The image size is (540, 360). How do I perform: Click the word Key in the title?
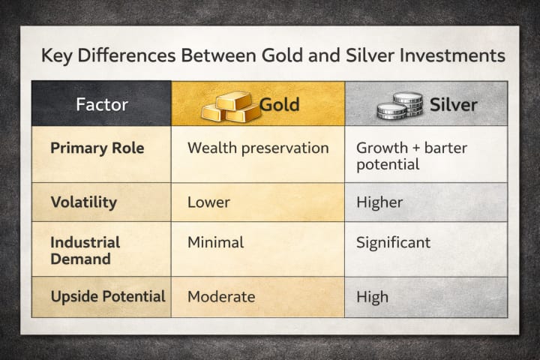(x=57, y=55)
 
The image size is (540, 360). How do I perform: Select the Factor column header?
(x=102, y=104)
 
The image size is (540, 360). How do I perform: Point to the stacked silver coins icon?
(x=400, y=106)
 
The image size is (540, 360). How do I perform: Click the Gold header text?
(x=279, y=105)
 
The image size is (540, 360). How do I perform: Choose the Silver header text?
(x=454, y=105)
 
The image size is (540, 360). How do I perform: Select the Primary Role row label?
(x=97, y=148)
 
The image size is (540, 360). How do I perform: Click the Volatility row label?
(x=84, y=202)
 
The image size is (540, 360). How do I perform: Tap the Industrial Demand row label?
(x=85, y=250)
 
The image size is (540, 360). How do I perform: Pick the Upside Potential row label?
(x=108, y=296)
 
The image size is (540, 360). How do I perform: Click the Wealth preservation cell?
(x=258, y=148)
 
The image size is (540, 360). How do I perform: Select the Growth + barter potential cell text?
(x=412, y=156)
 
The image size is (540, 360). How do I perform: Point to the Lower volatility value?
(x=208, y=202)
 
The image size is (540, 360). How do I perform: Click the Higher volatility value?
(x=379, y=202)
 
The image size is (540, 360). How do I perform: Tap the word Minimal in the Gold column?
(x=216, y=242)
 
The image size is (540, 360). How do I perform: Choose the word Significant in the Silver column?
(x=393, y=243)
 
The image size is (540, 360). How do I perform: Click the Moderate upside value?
(x=221, y=297)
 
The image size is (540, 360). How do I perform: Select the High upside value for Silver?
(x=372, y=297)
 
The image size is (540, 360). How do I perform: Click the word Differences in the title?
(x=127, y=55)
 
